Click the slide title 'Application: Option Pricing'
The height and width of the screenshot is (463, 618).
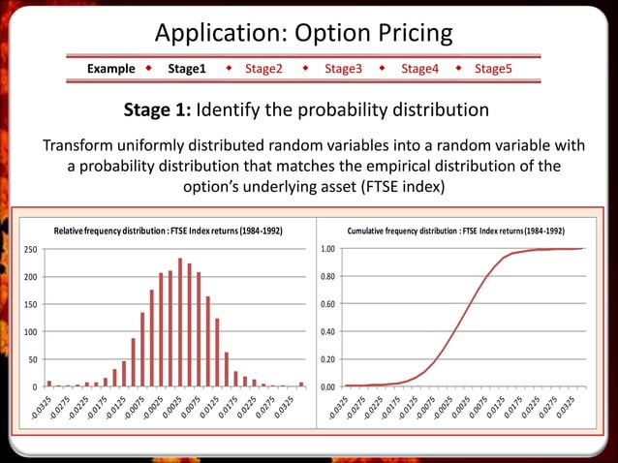coord(304,33)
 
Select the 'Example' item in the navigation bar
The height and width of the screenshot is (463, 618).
coord(111,70)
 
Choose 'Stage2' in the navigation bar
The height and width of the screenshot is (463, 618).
coord(263,70)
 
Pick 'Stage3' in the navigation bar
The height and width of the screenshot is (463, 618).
coord(343,70)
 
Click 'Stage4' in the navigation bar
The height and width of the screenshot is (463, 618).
coord(419,70)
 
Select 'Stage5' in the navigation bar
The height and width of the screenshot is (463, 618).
coord(493,70)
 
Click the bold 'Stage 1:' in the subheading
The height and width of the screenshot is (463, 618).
coord(161,109)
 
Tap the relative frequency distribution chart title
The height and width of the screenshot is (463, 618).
coord(169,231)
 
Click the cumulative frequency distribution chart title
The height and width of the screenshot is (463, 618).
coord(455,231)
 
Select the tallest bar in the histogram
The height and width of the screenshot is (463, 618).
coord(180,323)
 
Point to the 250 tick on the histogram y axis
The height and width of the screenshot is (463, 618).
coord(31,250)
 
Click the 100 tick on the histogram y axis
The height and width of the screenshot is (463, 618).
coord(31,332)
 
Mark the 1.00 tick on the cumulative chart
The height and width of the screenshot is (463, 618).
coord(328,250)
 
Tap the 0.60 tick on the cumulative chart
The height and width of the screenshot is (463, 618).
coord(328,305)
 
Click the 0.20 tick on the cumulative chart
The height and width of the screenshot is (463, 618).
coord(328,360)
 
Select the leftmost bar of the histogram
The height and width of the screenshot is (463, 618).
coord(49,384)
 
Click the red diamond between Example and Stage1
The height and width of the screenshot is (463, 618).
coord(149,70)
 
